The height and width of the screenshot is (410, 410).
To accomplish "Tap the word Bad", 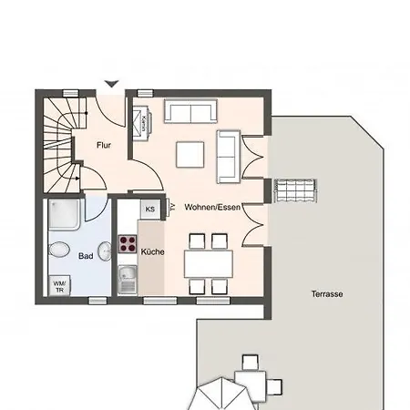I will (x=87, y=257).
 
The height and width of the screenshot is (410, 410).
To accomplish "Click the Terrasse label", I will (x=326, y=295).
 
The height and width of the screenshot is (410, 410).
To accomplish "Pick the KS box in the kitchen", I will (x=149, y=210).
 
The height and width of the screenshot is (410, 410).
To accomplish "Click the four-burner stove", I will (x=127, y=245).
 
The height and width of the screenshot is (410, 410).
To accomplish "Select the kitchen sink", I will (x=127, y=278).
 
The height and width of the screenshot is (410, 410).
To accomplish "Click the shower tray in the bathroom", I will (x=66, y=218).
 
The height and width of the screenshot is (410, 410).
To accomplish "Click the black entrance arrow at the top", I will (x=111, y=85).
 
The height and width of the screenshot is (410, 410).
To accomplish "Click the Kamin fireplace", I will (x=143, y=122).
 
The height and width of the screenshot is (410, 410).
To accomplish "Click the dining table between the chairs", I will (x=209, y=264).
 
